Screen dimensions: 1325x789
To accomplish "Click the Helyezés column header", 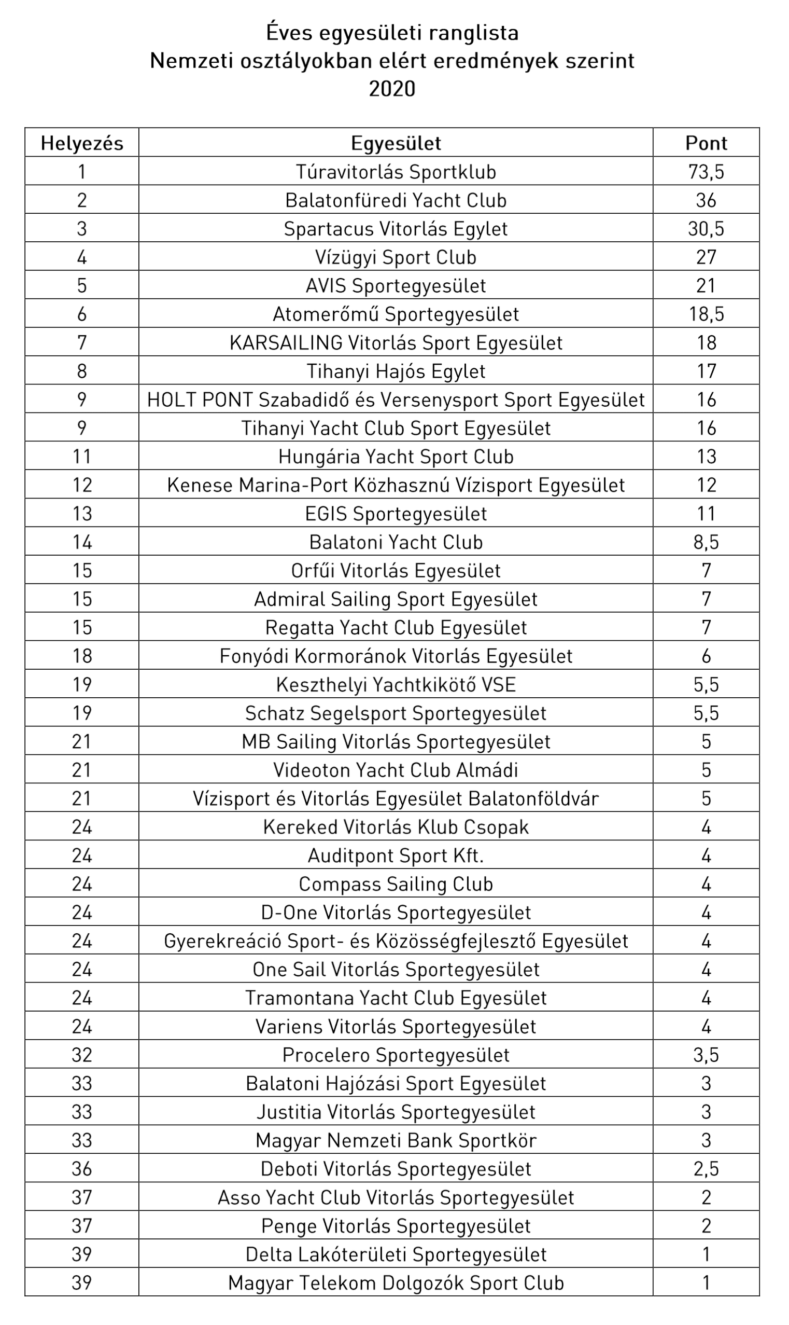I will pyautogui.click(x=82, y=143).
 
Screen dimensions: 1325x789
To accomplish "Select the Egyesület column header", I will pyautogui.click(x=396, y=143).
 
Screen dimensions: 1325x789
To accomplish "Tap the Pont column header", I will pyautogui.click(x=706, y=143).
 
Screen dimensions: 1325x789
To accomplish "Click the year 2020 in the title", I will pyautogui.click(x=392, y=88).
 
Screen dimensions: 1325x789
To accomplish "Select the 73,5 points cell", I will pyautogui.click(x=706, y=172).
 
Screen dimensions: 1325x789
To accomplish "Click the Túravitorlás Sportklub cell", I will pyautogui.click(x=396, y=172).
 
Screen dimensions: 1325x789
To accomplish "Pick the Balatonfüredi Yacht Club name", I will pyautogui.click(x=396, y=201).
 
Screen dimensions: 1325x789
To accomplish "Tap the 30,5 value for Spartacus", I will pyautogui.click(x=706, y=229).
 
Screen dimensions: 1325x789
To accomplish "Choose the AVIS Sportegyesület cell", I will pyautogui.click(x=396, y=286).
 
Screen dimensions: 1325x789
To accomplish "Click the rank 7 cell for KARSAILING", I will pyautogui.click(x=82, y=342).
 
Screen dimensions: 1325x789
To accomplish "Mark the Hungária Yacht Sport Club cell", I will pyautogui.click(x=396, y=457).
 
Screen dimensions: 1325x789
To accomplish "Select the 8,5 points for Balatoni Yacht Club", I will pyautogui.click(x=706, y=542).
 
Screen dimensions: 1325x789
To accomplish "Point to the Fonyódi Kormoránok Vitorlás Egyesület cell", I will pyautogui.click(x=396, y=656).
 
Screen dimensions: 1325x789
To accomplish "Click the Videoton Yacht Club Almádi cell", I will pyautogui.click(x=396, y=770).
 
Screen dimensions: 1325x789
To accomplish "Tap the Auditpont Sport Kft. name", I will pyautogui.click(x=396, y=855).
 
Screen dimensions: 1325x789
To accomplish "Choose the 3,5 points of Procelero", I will pyautogui.click(x=706, y=1055).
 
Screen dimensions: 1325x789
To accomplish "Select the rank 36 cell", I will pyautogui.click(x=82, y=1169).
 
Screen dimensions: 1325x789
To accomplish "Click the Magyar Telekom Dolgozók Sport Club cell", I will pyautogui.click(x=396, y=1282).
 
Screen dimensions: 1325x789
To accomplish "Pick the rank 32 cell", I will pyautogui.click(x=82, y=1055).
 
